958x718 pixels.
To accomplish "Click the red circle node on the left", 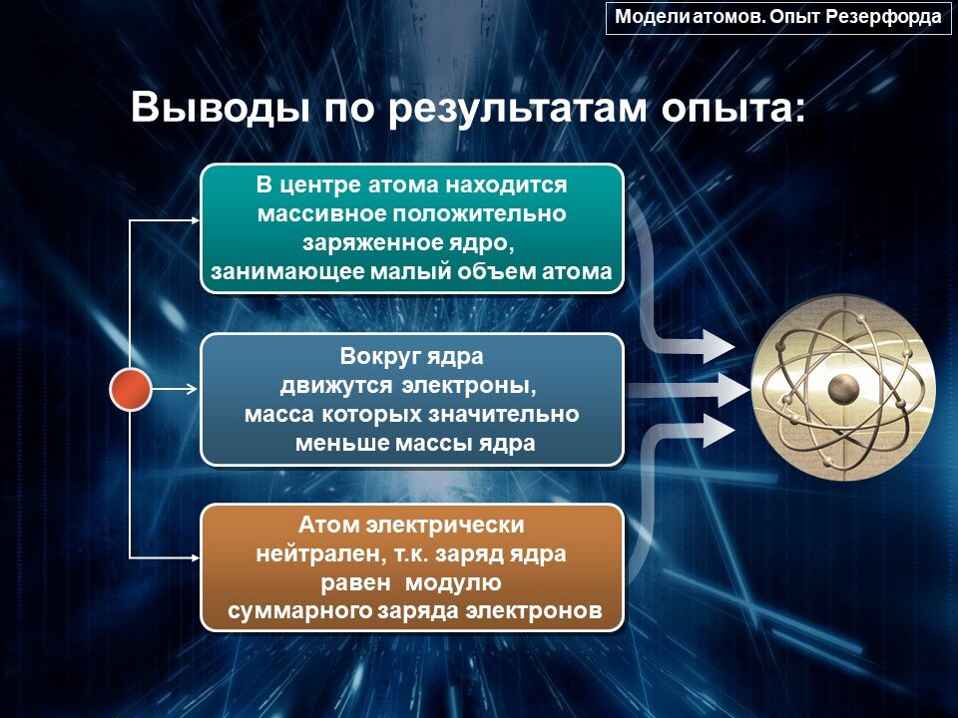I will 130,389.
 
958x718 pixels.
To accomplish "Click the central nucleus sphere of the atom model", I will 844,387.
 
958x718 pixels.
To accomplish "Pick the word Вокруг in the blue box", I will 375,356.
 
